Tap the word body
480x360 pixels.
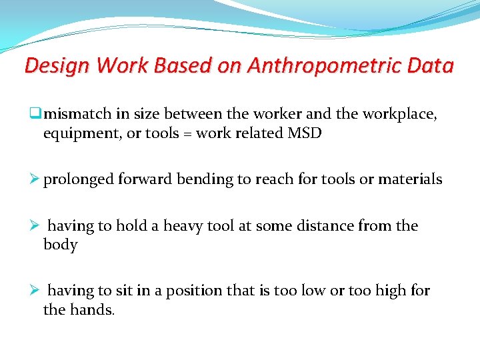pos(60,245)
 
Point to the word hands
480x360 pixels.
pos(90,309)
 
